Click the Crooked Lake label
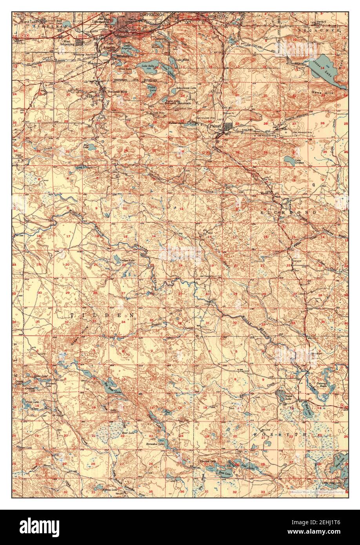pos(208,461)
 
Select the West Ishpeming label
pos(65,42)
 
